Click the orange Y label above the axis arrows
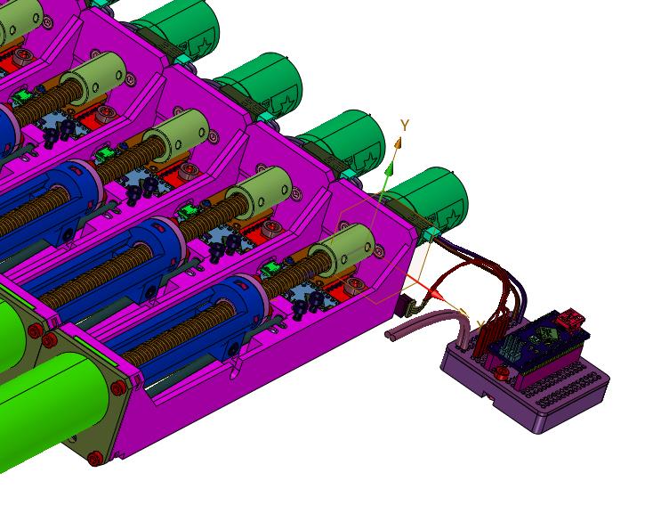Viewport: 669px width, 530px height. tap(405, 125)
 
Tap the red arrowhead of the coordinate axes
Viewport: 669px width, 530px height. tap(436, 294)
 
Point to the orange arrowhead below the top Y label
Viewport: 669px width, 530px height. tap(398, 143)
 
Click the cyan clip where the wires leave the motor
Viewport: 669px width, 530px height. tap(431, 233)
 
